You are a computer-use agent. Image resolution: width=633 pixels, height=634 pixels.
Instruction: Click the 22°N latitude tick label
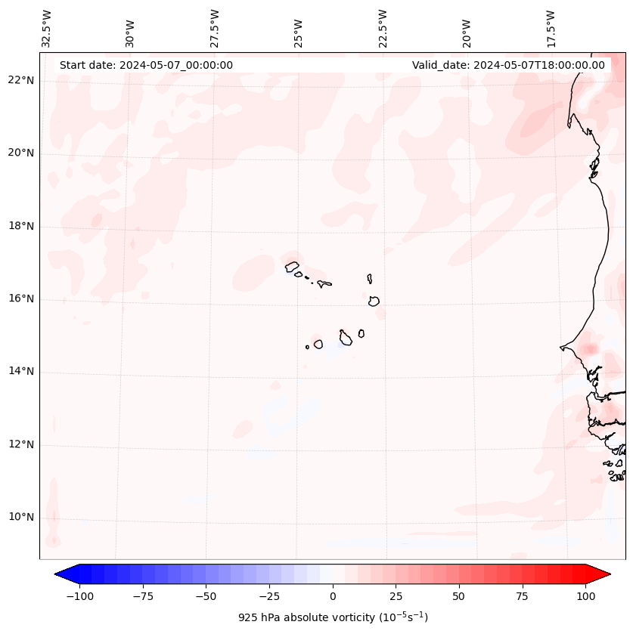tap(21, 81)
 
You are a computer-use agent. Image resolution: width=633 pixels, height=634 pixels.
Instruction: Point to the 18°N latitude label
tap(21, 226)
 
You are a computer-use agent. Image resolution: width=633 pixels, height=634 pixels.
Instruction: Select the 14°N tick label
tap(21, 372)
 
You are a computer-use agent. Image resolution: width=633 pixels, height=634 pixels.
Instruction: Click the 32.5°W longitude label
tap(47, 29)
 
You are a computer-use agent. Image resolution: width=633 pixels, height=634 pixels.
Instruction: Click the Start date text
tap(146, 65)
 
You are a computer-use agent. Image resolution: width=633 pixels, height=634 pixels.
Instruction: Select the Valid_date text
tap(508, 65)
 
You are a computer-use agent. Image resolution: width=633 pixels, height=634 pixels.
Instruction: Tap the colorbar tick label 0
tap(332, 596)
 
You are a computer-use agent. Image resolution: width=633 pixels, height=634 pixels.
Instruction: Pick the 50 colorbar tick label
tap(459, 596)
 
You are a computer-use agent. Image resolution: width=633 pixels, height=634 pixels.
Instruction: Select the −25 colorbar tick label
tap(269, 596)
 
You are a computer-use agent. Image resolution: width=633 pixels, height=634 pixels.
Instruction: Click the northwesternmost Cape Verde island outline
tap(292, 266)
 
